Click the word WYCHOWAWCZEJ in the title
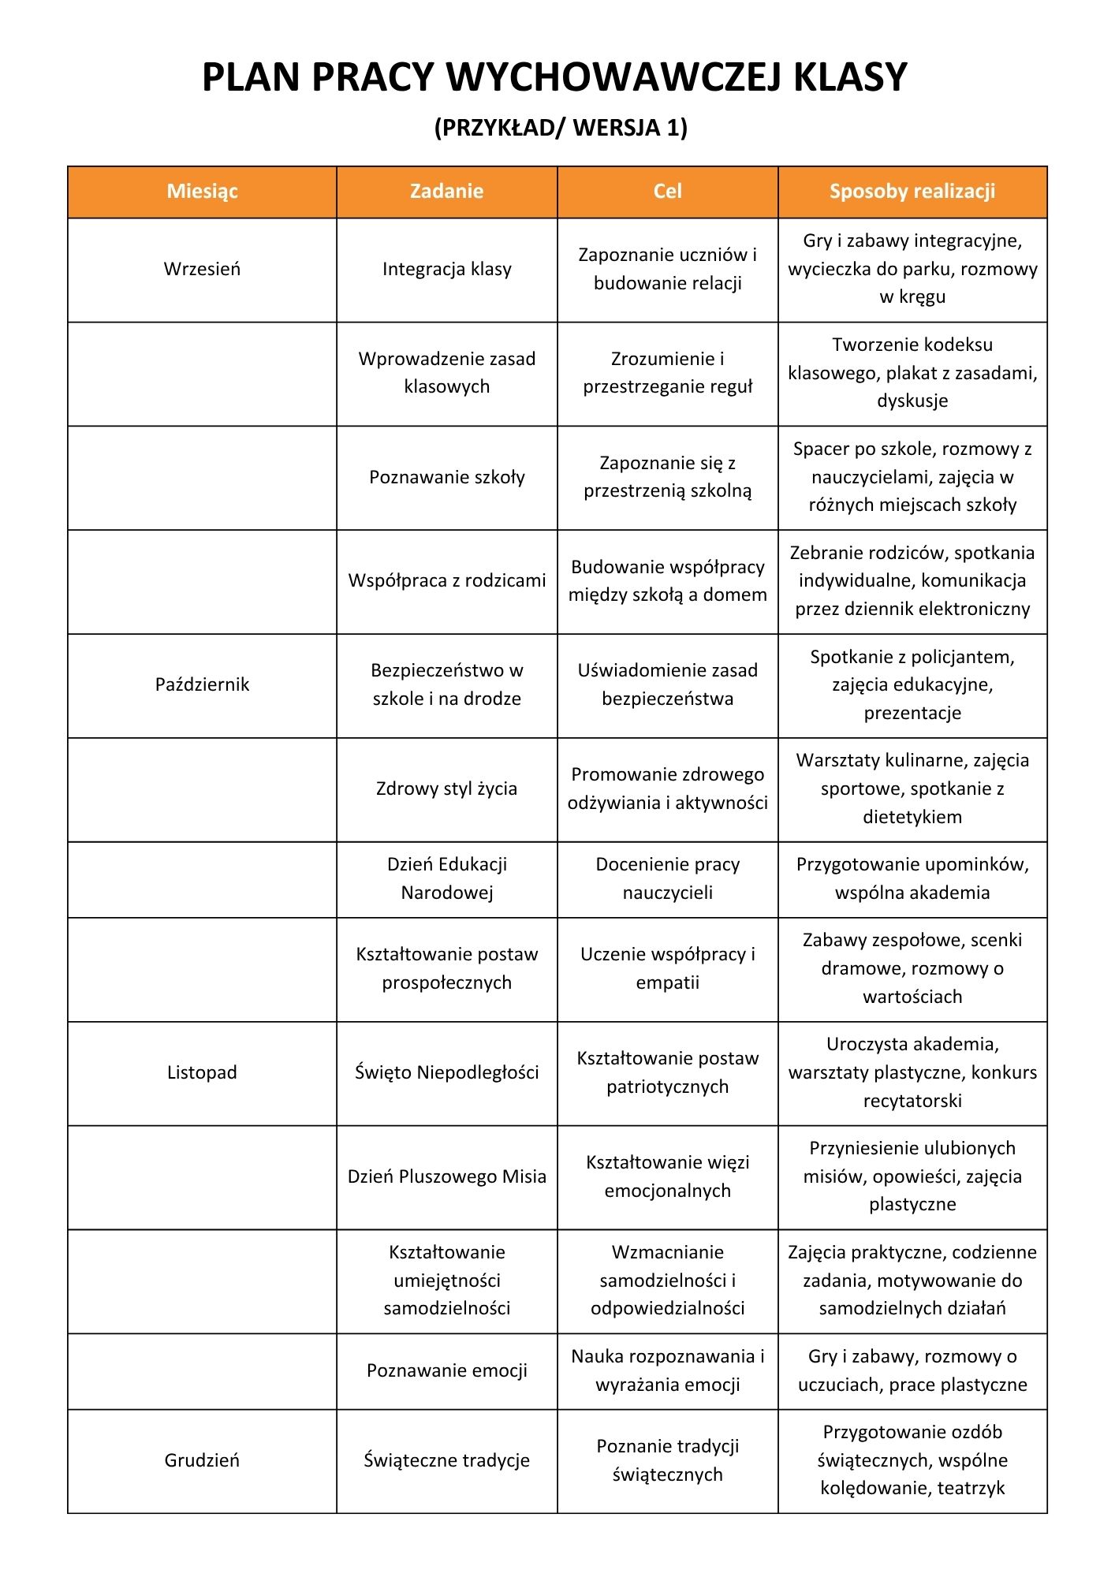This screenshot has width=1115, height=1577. coord(612,77)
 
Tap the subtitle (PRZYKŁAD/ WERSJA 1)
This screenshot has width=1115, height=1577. coord(561,128)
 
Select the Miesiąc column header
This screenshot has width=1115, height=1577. coord(202,192)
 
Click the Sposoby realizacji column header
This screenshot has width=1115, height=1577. coord(912,192)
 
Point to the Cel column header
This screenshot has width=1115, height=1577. coord(667,192)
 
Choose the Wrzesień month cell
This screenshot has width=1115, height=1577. coord(202,269)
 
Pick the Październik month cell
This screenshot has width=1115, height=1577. coord(202,684)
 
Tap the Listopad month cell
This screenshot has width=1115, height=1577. coord(202,1072)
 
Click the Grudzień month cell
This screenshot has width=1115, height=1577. coord(202,1460)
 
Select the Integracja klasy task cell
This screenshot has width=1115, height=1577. coord(446,269)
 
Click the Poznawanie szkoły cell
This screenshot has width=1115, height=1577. coord(446,477)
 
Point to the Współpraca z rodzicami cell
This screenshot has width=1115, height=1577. coord(446,581)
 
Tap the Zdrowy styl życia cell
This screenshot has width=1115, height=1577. coord(446,788)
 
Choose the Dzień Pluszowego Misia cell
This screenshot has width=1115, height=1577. coord(446,1176)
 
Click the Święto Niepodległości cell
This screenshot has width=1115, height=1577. coord(446,1072)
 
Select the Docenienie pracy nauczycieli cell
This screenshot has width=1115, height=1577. coord(667,878)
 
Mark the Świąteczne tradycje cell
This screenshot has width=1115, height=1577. coord(446,1460)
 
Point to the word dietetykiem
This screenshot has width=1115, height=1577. coord(912,817)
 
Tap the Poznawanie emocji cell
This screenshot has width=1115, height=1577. coord(446,1370)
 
